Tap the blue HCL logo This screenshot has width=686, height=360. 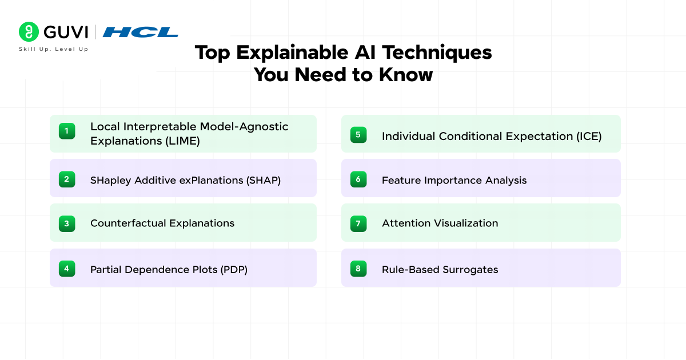[141, 32]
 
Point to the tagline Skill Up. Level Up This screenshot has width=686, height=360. [54, 49]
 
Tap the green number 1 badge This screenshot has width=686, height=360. [67, 131]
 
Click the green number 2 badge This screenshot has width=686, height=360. [67, 179]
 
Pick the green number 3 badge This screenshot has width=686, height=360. [67, 223]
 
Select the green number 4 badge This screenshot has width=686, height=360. [67, 268]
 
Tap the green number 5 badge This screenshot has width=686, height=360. [358, 135]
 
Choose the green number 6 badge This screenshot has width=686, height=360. [358, 179]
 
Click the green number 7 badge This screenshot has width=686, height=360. [358, 223]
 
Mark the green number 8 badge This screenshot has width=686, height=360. [358, 268]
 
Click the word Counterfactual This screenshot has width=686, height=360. [126, 223]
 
